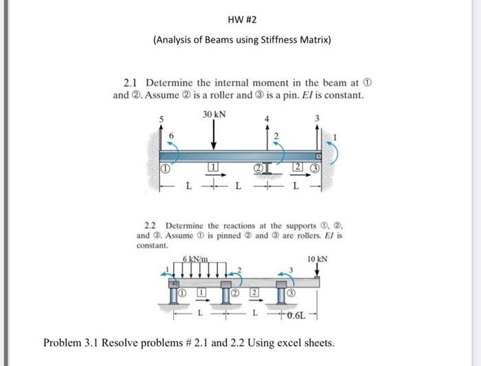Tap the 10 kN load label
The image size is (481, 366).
(x=317, y=259)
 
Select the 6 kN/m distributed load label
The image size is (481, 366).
(x=197, y=259)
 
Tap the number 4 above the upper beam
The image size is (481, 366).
(x=266, y=119)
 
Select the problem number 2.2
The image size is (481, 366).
(x=153, y=225)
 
